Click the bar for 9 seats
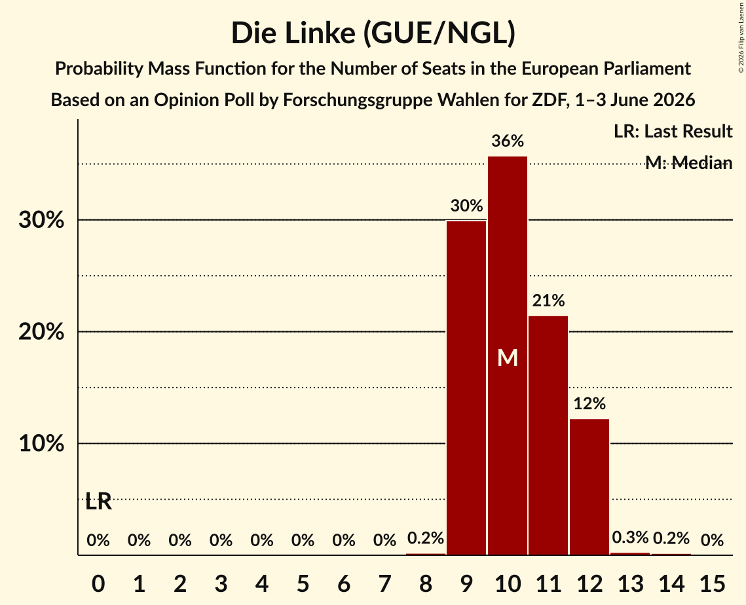[x=466, y=388]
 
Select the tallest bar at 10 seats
[x=507, y=356]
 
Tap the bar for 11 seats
[x=548, y=435]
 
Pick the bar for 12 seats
[x=589, y=486]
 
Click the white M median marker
[x=507, y=357]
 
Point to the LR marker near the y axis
[x=98, y=502]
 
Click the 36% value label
[x=507, y=141]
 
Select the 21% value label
[x=548, y=301]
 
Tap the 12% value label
[x=589, y=403]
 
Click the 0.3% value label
[x=630, y=538]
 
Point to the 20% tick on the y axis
[x=41, y=331]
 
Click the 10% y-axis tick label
[x=41, y=443]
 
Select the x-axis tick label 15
[x=712, y=583]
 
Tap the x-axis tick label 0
[x=98, y=583]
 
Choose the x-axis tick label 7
[x=384, y=583]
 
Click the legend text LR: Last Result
[x=673, y=131]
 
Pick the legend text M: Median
[x=688, y=162]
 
